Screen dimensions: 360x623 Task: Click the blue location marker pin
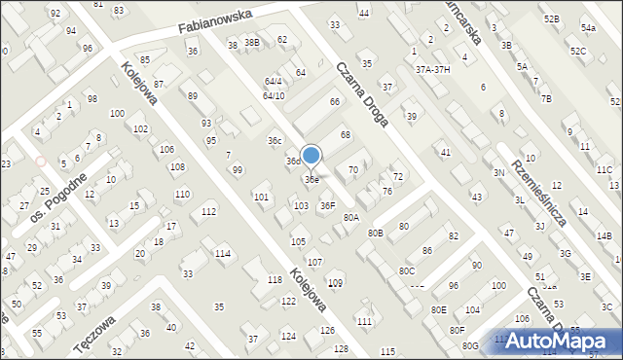[x=311, y=157]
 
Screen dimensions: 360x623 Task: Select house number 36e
[x=311, y=180]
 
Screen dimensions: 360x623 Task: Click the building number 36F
[x=328, y=205]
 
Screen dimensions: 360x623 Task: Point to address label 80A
[x=351, y=218]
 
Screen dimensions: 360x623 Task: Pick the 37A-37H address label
[x=433, y=69]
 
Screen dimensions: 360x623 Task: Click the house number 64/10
[x=274, y=95]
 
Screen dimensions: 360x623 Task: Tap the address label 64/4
[x=273, y=81]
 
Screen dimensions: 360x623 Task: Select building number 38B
[x=252, y=43]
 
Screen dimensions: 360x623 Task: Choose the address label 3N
[x=498, y=172]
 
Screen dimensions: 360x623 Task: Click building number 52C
[x=578, y=51]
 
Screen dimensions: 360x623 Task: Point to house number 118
[x=275, y=280]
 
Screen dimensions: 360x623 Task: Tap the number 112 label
[x=208, y=212]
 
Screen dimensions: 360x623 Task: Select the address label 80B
[x=376, y=234]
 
